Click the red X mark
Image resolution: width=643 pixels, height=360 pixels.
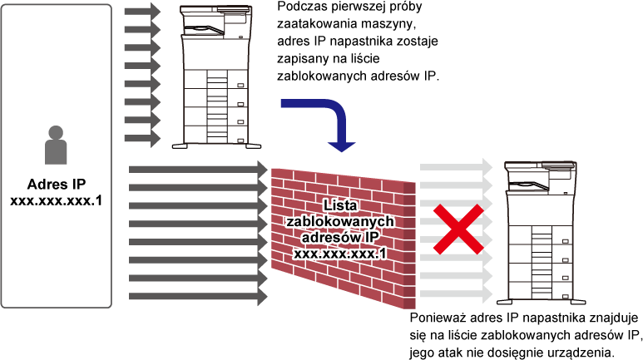459,229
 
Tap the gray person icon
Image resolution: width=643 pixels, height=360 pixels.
56,145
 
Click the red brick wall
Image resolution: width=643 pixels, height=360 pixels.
344,238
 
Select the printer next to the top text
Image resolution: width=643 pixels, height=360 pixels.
216,76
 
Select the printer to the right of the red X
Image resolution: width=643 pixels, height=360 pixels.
541,233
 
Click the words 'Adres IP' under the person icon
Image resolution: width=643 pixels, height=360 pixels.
57,185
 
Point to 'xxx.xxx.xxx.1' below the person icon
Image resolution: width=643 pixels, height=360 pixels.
57,201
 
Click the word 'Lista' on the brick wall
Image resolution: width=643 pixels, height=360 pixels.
340,205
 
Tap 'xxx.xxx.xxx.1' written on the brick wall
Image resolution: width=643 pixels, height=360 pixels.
340,254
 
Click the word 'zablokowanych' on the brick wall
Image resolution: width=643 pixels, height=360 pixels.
340,221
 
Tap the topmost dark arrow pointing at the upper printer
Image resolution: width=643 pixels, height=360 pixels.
142,12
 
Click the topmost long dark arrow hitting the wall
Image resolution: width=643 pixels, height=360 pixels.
198,170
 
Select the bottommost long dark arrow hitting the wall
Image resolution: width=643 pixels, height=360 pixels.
198,296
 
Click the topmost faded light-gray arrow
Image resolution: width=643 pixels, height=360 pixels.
456,167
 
